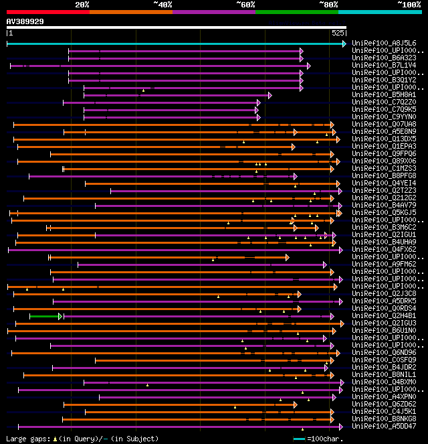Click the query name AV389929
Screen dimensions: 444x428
click(x=25, y=21)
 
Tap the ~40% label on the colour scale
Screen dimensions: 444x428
click(x=163, y=4)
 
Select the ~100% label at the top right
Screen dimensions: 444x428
click(x=409, y=4)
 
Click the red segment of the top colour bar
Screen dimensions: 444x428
click(x=47, y=11)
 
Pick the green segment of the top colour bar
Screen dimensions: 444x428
click(x=296, y=11)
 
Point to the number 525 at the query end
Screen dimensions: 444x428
click(x=338, y=32)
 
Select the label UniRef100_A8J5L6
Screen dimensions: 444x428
click(x=384, y=44)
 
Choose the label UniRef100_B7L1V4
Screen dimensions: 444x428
click(x=384, y=66)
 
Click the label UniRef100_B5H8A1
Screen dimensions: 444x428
click(x=384, y=95)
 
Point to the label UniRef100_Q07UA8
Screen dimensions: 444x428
click(x=384, y=125)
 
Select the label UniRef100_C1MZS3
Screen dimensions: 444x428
click(x=384, y=169)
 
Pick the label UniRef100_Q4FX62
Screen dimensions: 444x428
click(x=384, y=250)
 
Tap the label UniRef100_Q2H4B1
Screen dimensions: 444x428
click(x=384, y=316)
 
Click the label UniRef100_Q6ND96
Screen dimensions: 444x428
click(x=384, y=353)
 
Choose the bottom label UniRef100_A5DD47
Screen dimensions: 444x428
click(x=384, y=427)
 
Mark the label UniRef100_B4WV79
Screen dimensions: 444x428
click(x=384, y=206)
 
